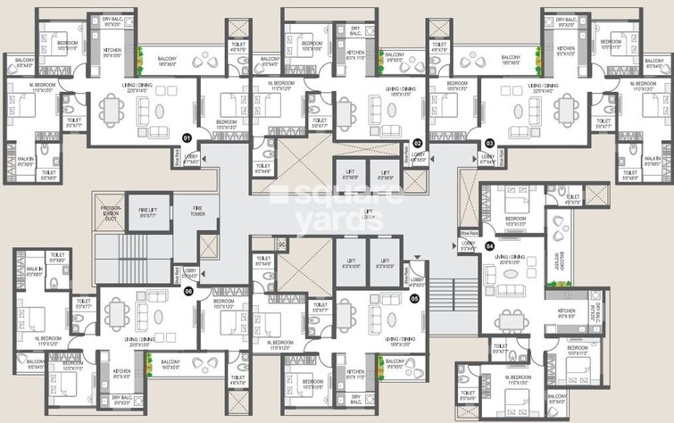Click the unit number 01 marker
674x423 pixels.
point(187,138)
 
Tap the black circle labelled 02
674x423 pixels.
point(417,142)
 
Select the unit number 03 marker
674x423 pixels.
point(489,142)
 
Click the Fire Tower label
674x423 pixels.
point(197,211)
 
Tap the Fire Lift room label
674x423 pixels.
point(147,211)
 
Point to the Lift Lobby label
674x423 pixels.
point(368,213)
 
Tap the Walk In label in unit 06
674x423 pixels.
point(33,271)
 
